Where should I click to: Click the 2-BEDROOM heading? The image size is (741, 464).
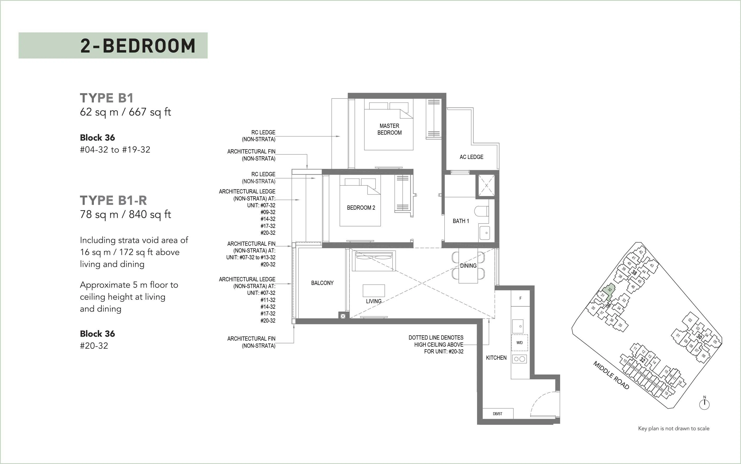tap(138, 46)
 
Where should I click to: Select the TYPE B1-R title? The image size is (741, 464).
tap(113, 201)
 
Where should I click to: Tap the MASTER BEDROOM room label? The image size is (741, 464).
tap(389, 129)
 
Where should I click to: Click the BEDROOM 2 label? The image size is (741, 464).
tap(361, 208)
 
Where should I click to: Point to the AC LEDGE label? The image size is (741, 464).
tap(471, 157)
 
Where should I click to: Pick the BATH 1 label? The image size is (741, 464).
tap(461, 221)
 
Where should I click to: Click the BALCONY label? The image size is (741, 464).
tap(322, 283)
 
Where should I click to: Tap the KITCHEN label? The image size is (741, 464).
tap(496, 358)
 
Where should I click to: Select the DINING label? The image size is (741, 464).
tap(468, 266)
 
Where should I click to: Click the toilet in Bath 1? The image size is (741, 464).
tap(481, 211)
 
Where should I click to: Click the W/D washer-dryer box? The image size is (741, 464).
tap(519, 342)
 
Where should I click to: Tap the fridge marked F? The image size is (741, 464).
tap(520, 298)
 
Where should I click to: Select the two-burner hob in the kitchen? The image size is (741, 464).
tap(519, 359)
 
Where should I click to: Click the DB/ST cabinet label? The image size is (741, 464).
tap(498, 414)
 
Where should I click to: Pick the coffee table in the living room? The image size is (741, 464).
tap(374, 290)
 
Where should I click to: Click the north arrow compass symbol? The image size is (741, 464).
tap(704, 404)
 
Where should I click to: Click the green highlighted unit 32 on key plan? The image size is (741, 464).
tap(608, 290)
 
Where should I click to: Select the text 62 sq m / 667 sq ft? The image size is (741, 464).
tap(125, 112)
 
